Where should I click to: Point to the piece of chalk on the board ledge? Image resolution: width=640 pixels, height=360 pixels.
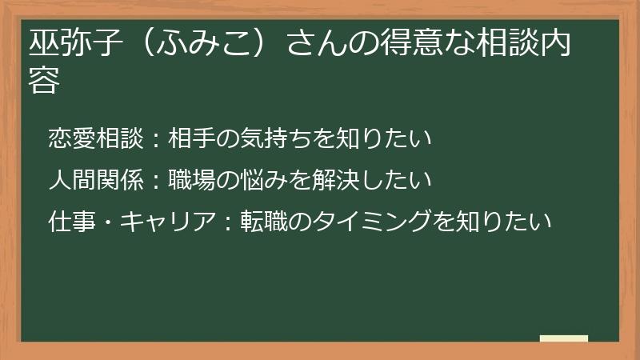pyautogui.click(x=564, y=338)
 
